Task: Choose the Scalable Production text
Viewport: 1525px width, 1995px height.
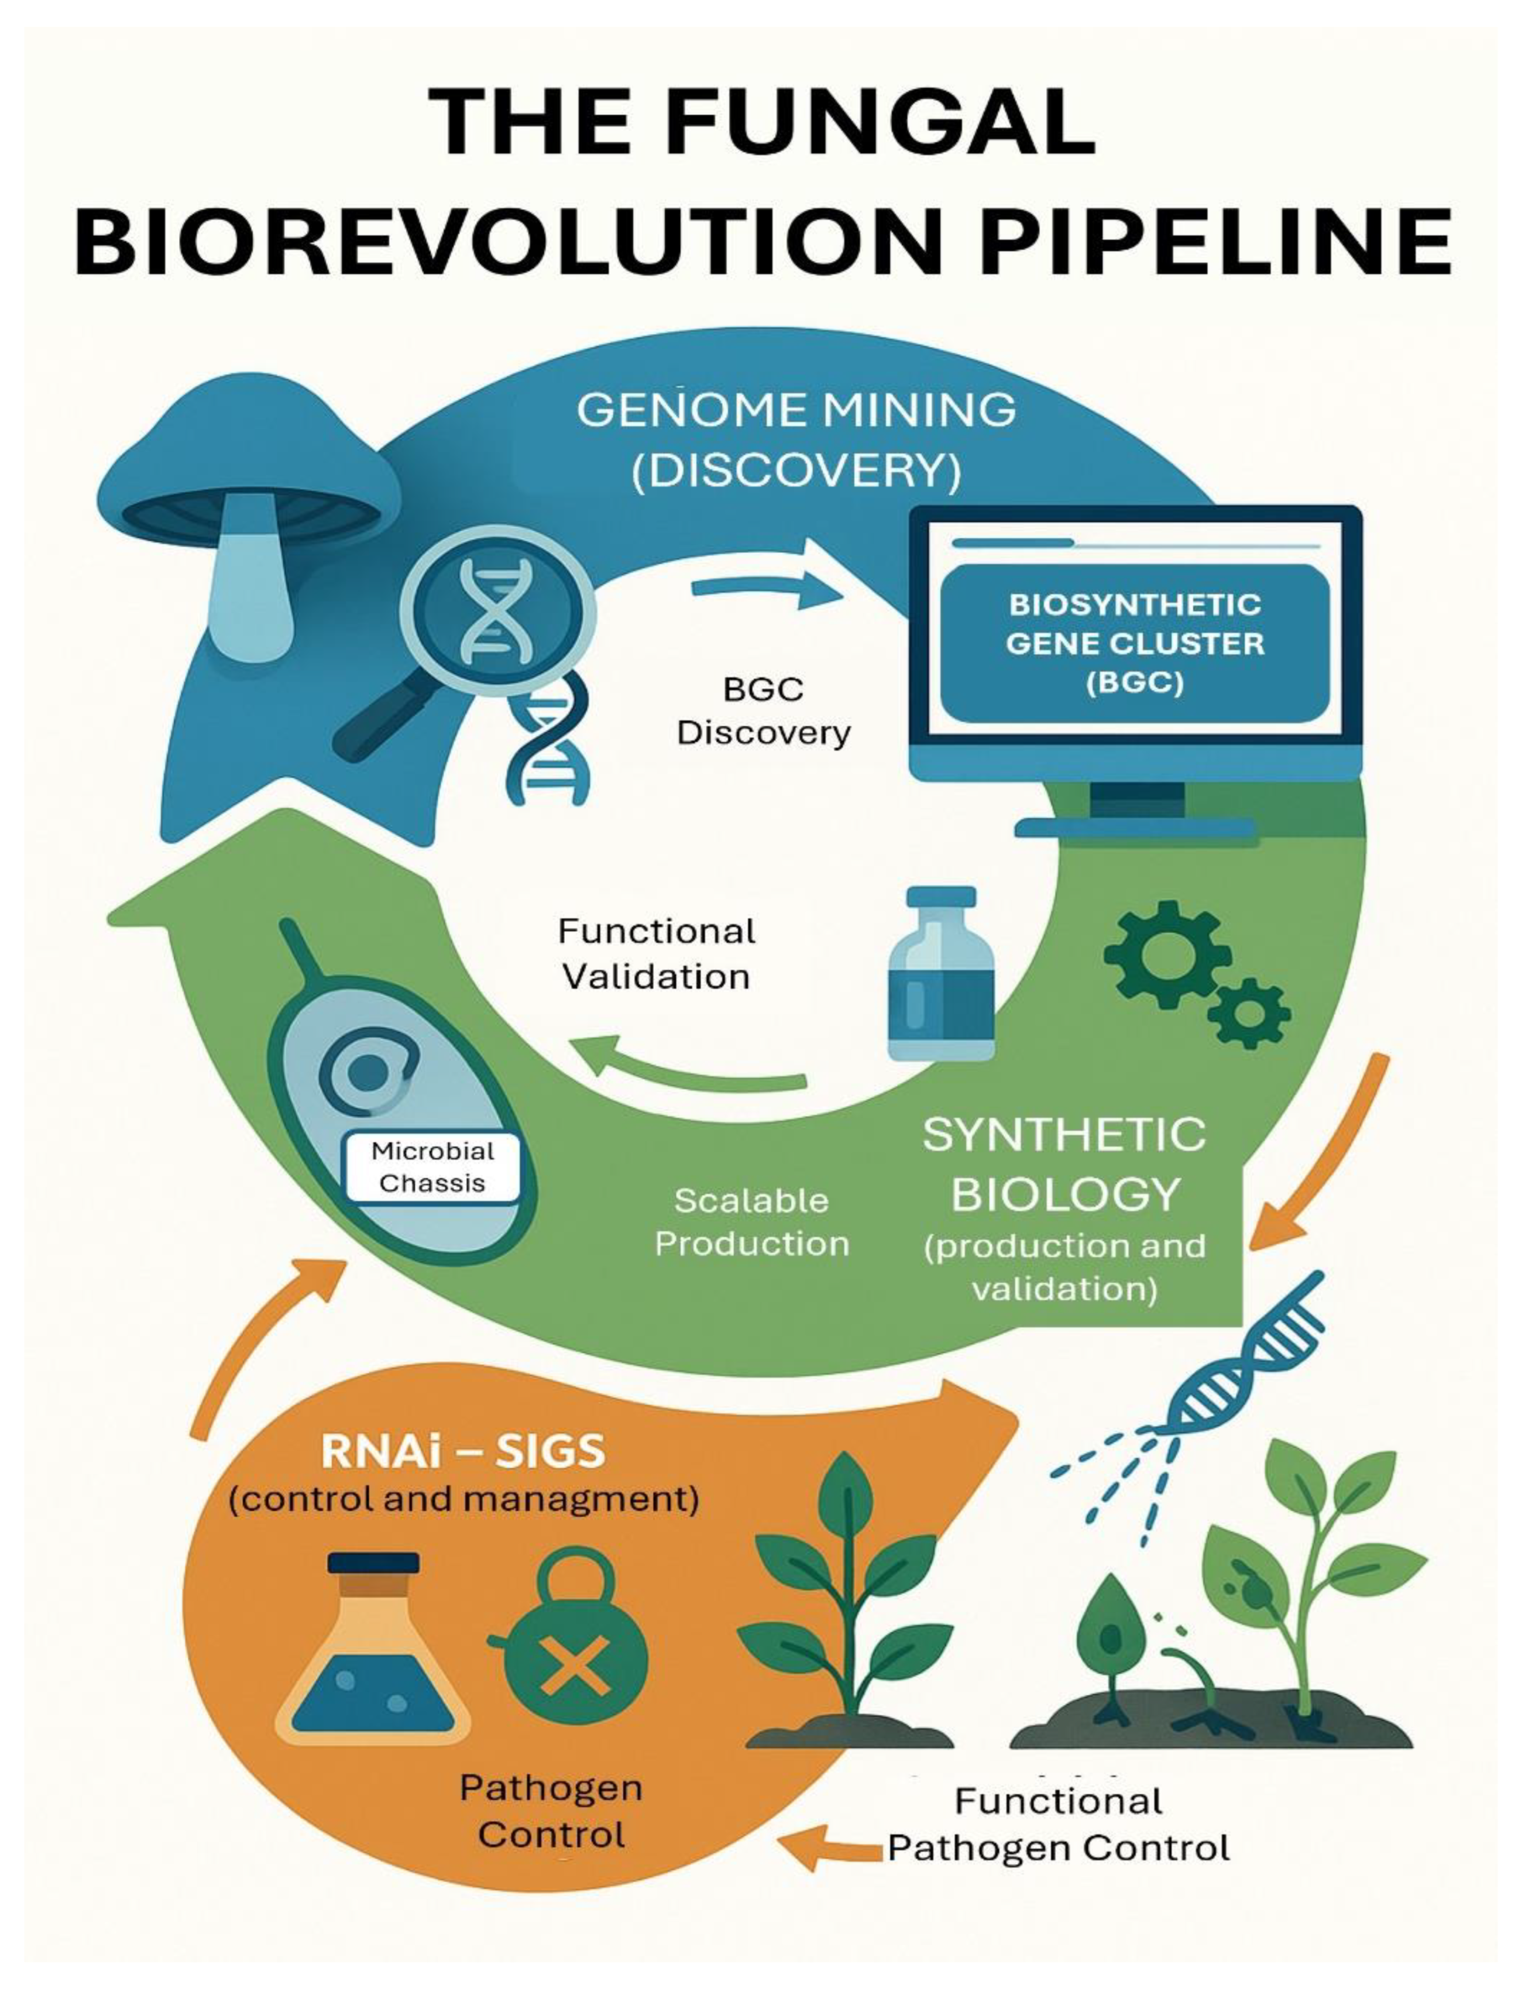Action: point(751,1222)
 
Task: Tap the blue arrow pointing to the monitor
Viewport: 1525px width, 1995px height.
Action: point(767,592)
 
